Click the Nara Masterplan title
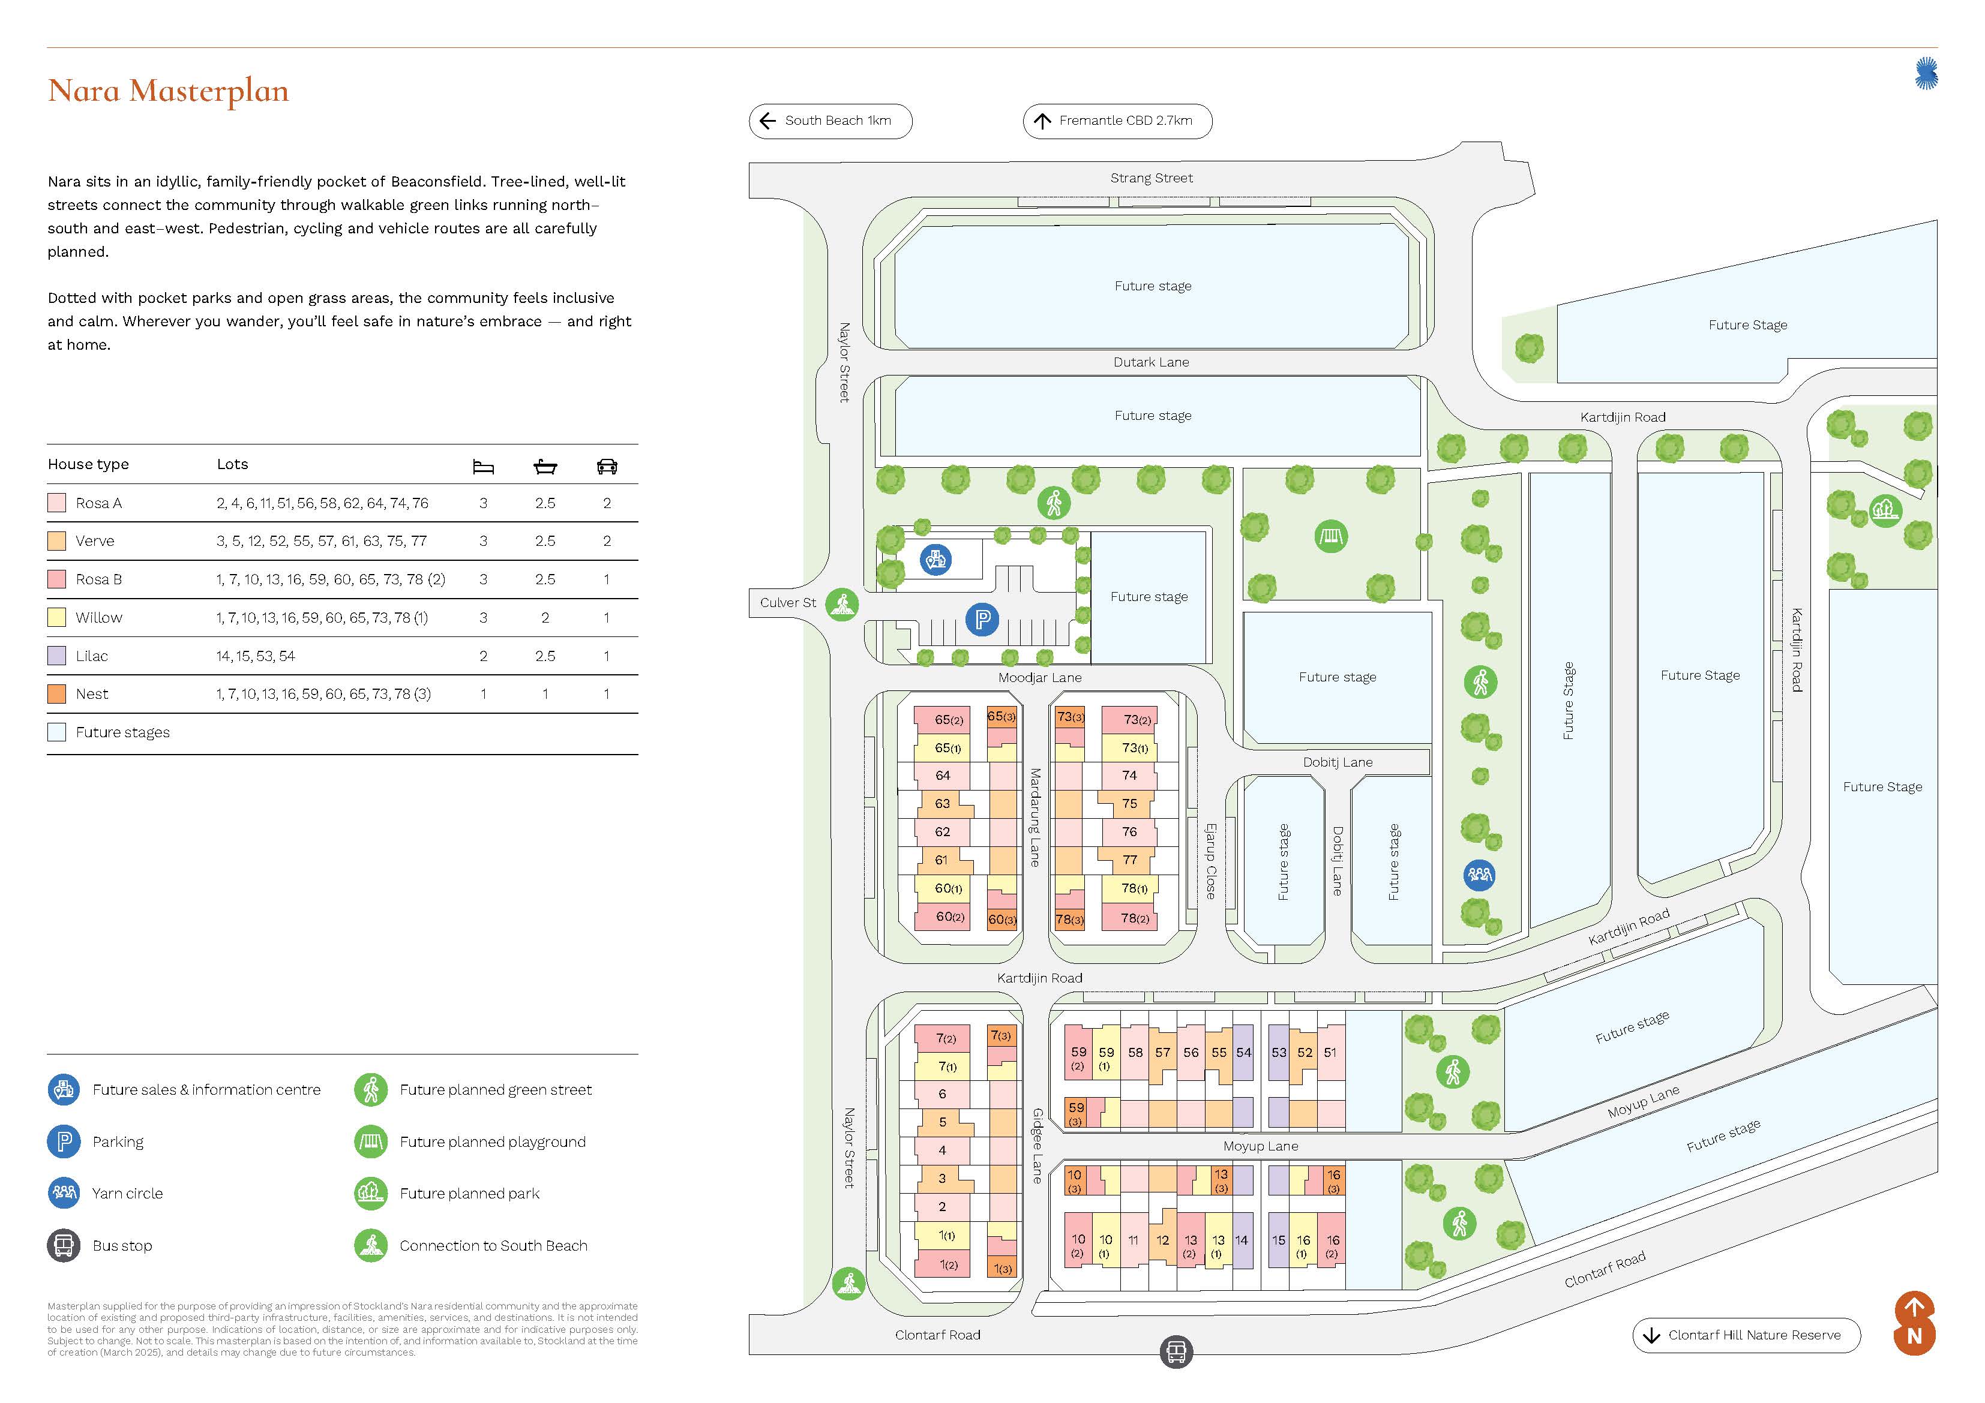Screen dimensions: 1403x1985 (x=169, y=91)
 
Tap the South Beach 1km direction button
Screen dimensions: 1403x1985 (x=830, y=121)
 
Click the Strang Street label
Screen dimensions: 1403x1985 (x=1151, y=178)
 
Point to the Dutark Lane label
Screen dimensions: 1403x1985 (x=1151, y=362)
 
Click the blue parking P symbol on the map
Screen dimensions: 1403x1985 (x=982, y=619)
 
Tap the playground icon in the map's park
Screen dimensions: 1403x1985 (x=1330, y=537)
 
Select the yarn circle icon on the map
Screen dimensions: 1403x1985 (x=1479, y=875)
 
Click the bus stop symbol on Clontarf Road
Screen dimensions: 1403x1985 (x=1176, y=1351)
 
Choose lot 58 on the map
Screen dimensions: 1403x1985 (x=1135, y=1052)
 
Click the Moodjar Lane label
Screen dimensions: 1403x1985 (x=1039, y=678)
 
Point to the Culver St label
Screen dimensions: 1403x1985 (x=788, y=602)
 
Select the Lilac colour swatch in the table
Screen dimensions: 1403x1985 (x=57, y=656)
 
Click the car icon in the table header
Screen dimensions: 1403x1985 (x=607, y=467)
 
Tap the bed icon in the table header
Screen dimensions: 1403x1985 (x=483, y=467)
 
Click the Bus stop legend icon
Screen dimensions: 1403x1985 (x=63, y=1246)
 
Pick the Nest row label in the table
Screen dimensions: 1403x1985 (x=92, y=694)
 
